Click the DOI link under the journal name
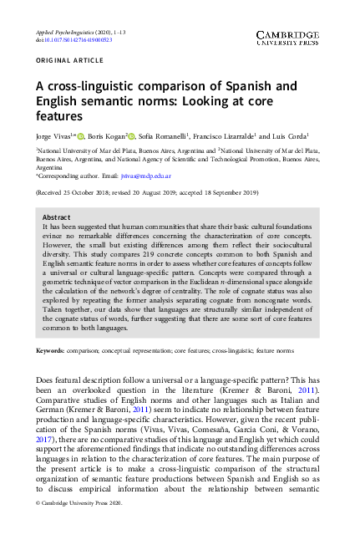click(x=63, y=39)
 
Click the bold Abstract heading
click(x=57, y=217)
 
